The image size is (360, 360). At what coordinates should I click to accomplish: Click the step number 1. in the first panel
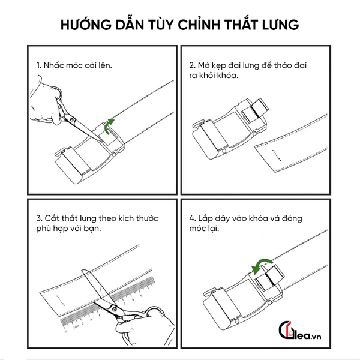(x=40, y=64)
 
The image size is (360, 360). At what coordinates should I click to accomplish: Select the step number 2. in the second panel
(x=193, y=64)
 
